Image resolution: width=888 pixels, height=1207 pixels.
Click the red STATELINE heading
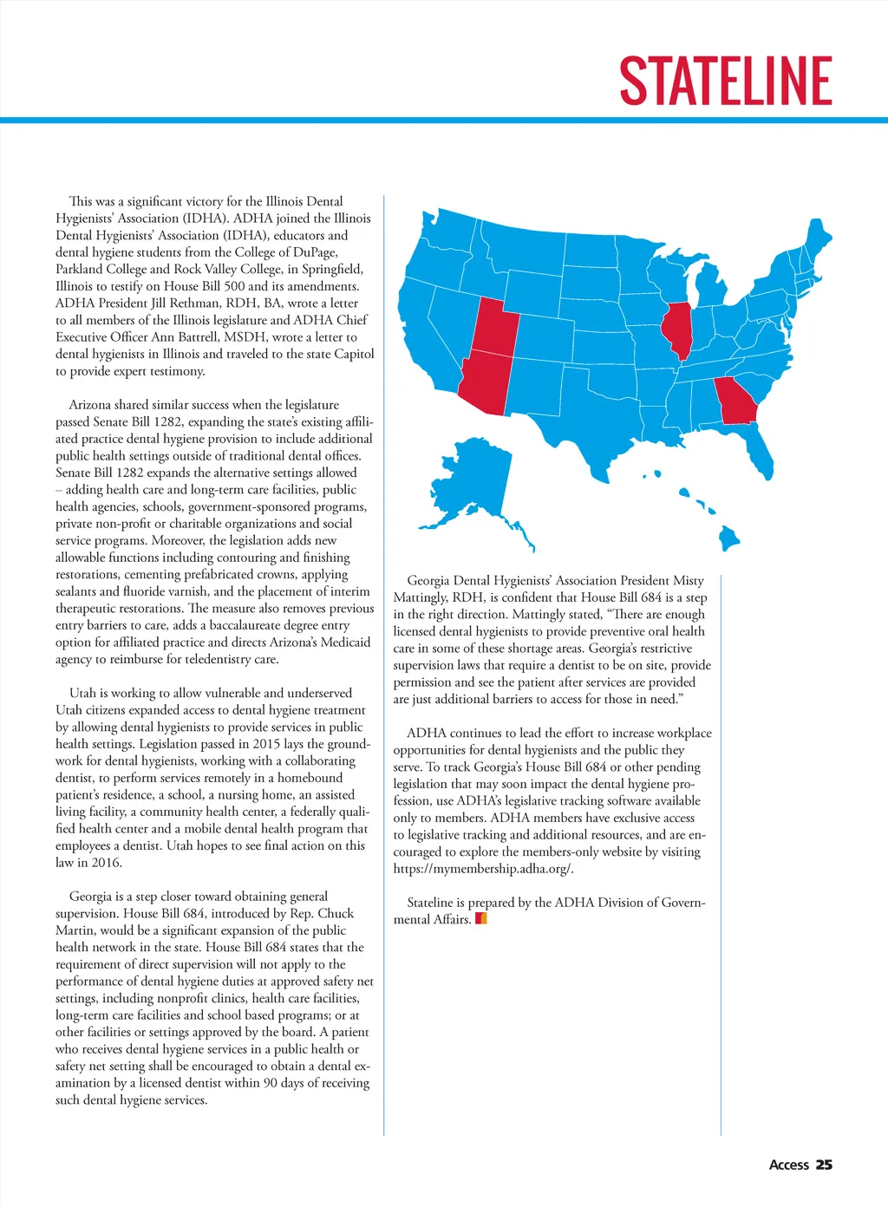726,82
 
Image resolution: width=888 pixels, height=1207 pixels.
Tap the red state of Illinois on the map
677,329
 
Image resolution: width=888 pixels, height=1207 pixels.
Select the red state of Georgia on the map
737,401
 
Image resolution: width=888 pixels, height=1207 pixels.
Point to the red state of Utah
494,326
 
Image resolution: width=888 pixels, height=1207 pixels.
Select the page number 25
824,1165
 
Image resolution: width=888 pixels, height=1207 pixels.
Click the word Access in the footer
788,1165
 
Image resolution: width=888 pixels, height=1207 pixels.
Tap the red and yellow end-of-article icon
481,918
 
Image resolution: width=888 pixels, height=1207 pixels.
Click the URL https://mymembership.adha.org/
483,869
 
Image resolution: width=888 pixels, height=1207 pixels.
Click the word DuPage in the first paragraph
316,252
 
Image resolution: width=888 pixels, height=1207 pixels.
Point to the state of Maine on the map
816,238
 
